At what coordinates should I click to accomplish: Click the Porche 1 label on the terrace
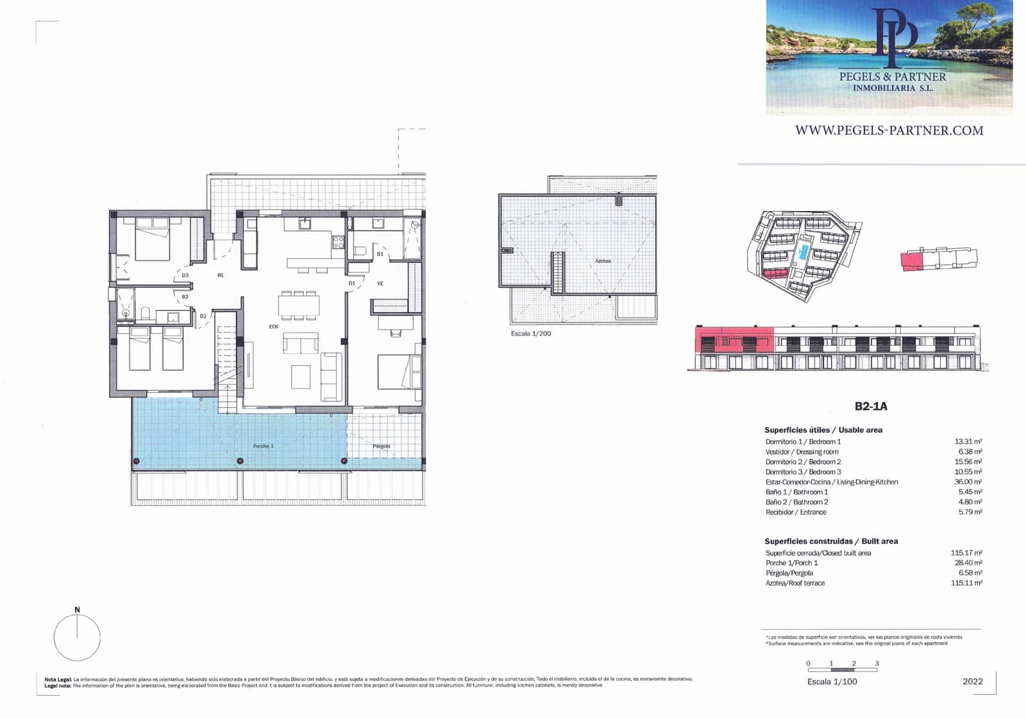pos(263,446)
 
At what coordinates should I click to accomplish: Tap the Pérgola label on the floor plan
pos(381,446)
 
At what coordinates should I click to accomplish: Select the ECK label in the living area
pos(274,326)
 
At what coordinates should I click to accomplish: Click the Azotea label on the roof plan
pos(603,261)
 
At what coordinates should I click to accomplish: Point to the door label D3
pos(185,276)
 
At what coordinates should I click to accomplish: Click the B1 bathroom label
pos(380,255)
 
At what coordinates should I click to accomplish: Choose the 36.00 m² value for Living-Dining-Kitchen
pos(968,482)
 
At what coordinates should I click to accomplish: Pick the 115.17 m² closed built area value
pos(966,553)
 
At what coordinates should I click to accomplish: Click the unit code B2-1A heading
pos(871,406)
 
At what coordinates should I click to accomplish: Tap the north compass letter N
pos(77,610)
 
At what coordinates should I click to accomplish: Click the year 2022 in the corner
pos(972,682)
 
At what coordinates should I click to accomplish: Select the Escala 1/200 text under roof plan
pos(531,334)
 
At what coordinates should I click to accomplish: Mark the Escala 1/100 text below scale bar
pos(832,682)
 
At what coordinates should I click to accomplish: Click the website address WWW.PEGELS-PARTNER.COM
pos(889,131)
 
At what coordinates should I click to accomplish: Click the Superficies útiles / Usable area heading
pos(823,430)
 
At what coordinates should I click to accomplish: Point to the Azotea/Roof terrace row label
pos(795,583)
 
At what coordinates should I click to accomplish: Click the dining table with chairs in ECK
pos(299,305)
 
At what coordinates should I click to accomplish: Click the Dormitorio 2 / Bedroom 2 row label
pos(803,462)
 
